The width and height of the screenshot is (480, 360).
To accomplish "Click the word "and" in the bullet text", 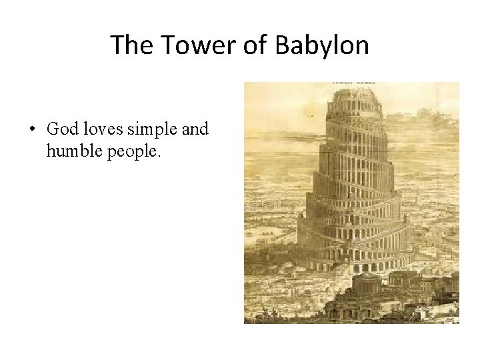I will pyautogui.click(x=195, y=129).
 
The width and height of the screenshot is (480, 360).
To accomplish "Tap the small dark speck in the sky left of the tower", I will pyautogui.click(x=311, y=116).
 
